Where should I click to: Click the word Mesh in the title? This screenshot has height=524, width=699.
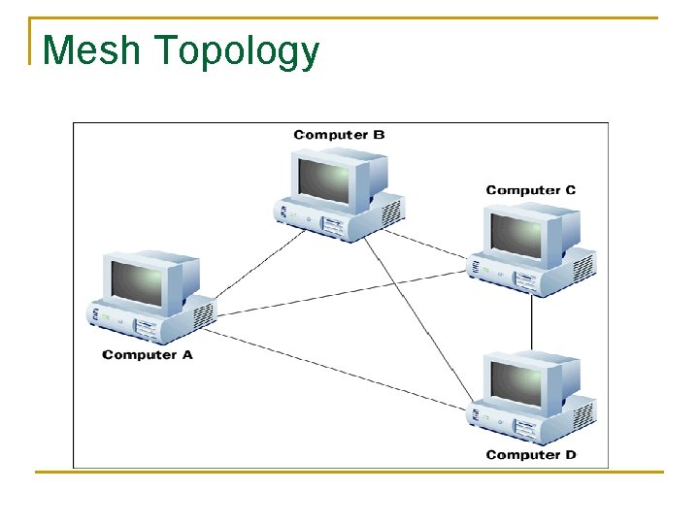92,49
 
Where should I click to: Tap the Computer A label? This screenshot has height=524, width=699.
148,355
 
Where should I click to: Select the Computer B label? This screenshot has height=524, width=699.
339,135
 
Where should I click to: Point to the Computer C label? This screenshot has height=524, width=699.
530,190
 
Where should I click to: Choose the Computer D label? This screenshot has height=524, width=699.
530,454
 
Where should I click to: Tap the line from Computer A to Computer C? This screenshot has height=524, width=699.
340,292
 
